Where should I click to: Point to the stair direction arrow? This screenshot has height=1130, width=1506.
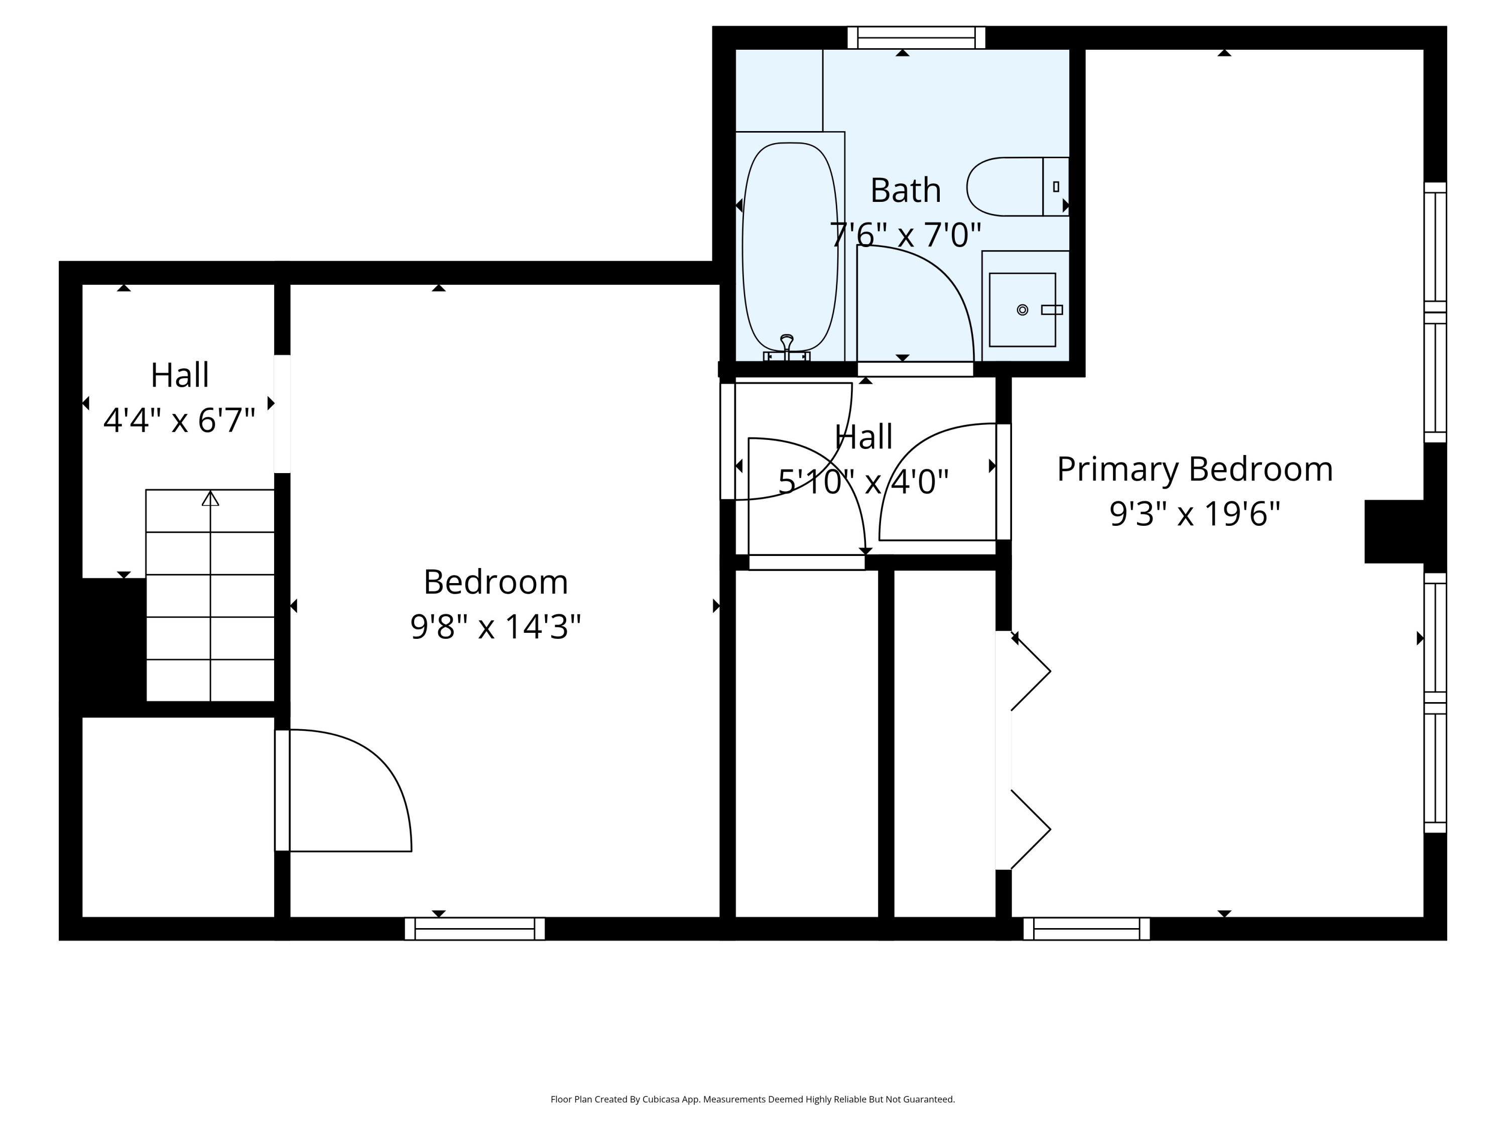(210, 499)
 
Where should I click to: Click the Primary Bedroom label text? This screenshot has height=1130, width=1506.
(1194, 469)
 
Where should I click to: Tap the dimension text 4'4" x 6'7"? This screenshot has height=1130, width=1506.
(179, 420)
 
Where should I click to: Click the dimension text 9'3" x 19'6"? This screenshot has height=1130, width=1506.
(1194, 514)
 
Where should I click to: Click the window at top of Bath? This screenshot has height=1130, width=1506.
(916, 38)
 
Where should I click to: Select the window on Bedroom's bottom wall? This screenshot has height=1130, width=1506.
(474, 929)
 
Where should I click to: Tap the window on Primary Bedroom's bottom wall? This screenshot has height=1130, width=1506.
(1087, 929)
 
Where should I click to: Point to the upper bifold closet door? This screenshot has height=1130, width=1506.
(1031, 671)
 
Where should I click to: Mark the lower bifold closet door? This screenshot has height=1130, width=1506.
(1031, 830)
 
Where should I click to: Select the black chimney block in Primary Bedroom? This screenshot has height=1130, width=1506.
(1393, 531)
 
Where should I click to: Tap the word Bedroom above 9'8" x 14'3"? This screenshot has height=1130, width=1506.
(495, 583)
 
